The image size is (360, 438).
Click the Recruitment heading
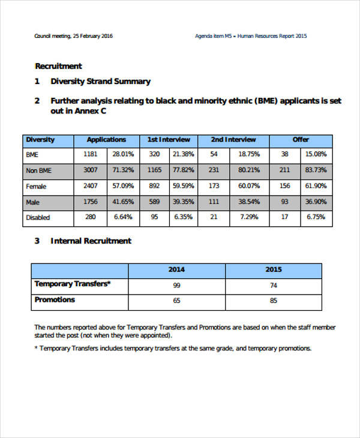click(58, 66)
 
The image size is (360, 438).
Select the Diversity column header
click(40, 140)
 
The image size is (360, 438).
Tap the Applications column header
click(106, 140)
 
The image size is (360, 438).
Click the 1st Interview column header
click(168, 140)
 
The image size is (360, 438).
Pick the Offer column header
click(301, 140)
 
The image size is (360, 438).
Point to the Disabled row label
click(38, 217)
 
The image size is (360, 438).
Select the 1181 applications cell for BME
click(90, 155)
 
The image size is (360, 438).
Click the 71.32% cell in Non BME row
click(123, 170)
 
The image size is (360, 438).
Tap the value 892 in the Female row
click(154, 186)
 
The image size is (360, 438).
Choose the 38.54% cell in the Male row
click(248, 202)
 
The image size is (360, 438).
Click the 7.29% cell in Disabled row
click(248, 217)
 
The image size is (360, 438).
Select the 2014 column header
click(176, 269)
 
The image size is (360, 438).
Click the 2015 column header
click(274, 269)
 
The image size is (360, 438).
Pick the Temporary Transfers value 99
click(176, 285)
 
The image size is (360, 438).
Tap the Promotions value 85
click(274, 301)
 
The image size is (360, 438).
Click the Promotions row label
click(55, 300)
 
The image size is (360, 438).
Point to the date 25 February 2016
click(92, 36)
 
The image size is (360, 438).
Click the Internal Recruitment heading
click(91, 241)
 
